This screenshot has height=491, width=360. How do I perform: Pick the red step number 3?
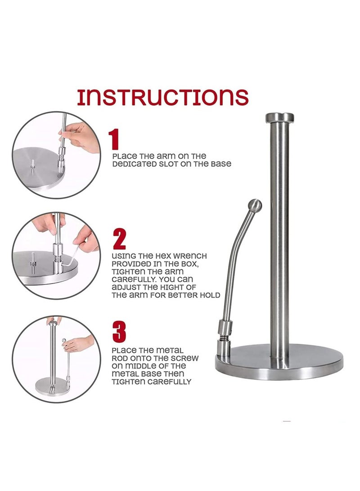click(x=119, y=332)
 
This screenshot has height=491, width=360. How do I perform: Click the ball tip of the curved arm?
click(x=255, y=206)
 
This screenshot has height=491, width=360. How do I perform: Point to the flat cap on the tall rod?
click(x=279, y=118)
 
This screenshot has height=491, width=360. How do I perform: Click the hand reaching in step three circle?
click(x=79, y=345)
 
